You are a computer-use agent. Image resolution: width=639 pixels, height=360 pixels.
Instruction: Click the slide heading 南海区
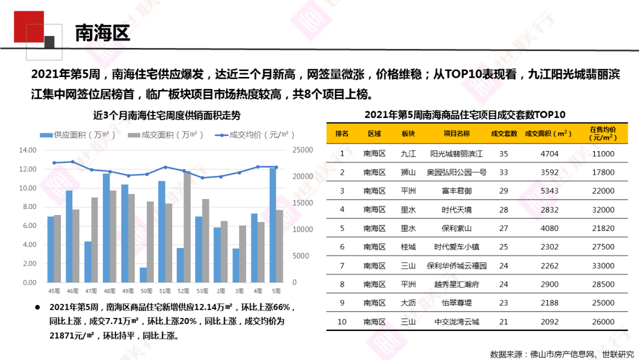point(102,33)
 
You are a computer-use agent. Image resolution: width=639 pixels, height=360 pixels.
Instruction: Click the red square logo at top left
point(28,26)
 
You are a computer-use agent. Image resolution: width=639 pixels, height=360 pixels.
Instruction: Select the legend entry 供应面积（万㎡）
point(78,134)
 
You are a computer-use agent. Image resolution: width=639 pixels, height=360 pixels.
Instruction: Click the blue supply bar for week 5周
point(272,225)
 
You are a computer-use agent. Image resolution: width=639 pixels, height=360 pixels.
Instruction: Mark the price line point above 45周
point(54,163)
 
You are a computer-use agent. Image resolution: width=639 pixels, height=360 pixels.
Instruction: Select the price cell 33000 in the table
point(603,265)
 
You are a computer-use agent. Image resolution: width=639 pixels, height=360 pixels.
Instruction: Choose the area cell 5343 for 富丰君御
point(549,191)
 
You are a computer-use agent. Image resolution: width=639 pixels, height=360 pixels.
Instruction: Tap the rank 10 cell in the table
point(341,322)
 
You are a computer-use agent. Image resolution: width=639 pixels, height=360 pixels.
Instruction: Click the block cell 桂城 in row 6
point(408,247)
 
